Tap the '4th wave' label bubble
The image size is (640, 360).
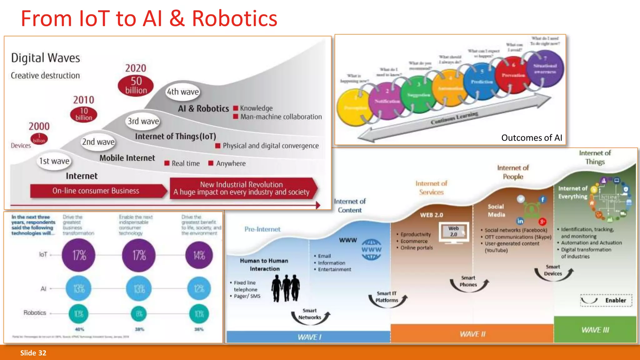[183, 92]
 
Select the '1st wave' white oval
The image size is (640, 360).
[54, 161]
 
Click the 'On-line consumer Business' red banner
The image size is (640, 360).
[96, 191]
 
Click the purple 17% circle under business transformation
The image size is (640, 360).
[79, 255]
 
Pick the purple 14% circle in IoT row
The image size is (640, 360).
[199, 255]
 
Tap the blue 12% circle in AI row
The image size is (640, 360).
[199, 288]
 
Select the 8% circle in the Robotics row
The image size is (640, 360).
[139, 313]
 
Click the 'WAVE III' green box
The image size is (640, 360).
[595, 330]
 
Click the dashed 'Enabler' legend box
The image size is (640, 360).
[606, 300]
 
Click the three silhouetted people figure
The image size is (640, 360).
[285, 288]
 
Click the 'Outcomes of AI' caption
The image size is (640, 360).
[531, 138]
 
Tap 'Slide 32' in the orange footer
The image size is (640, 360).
[33, 353]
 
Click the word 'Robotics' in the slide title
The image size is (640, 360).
[234, 19]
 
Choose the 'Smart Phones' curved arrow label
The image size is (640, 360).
[468, 281]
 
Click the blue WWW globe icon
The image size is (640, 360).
[371, 250]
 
